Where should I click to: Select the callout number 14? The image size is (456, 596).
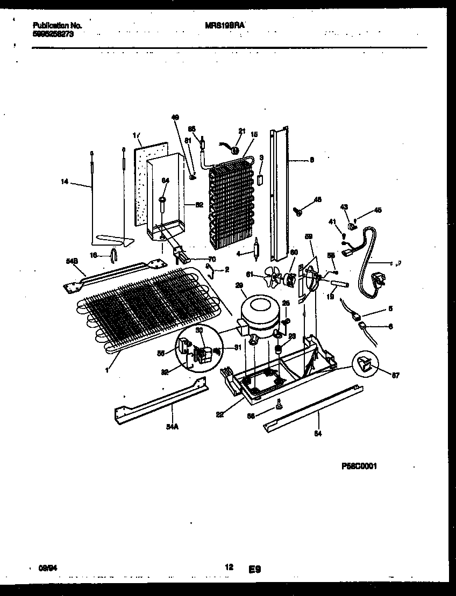[x=65, y=182]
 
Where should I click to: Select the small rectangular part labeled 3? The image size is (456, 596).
[x=261, y=179]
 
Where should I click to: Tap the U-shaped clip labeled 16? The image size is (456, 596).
[x=114, y=255]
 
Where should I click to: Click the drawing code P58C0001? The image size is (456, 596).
[x=359, y=466]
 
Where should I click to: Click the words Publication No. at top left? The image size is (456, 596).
[x=57, y=25]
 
